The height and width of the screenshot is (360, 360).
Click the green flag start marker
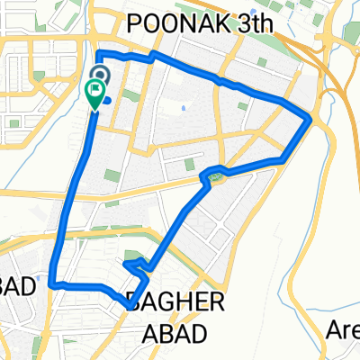(x=94, y=92)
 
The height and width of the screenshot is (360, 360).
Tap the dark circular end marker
(x=99, y=76)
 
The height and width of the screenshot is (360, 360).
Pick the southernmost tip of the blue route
(x=123, y=304)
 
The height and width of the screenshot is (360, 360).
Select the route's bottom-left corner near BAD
(x=53, y=283)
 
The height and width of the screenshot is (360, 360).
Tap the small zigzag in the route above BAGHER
(x=135, y=265)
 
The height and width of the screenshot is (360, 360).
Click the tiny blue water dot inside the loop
(x=184, y=109)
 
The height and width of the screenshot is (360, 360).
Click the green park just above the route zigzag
(x=132, y=255)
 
